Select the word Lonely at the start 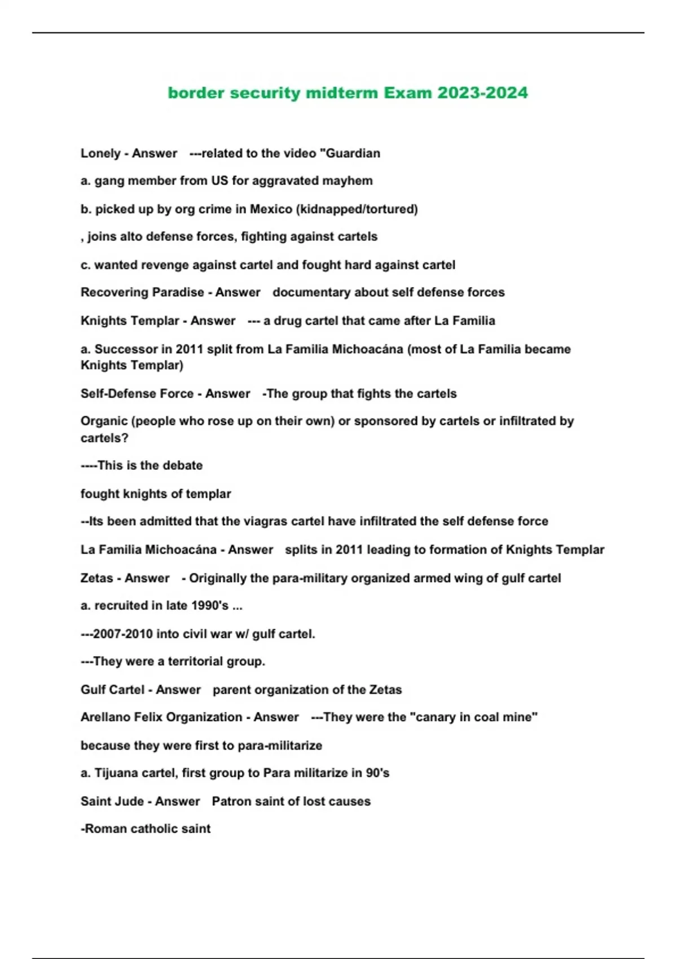[100, 153]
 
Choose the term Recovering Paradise [142, 292]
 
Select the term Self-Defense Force [137, 394]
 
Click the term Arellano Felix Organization [161, 718]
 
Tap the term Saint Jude [112, 802]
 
